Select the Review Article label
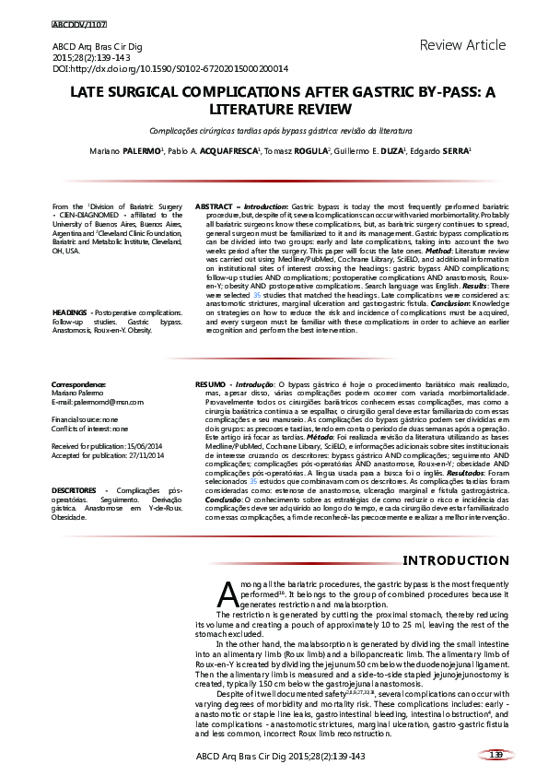click(x=462, y=45)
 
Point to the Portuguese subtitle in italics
click(x=274, y=132)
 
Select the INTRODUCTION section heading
click(x=456, y=560)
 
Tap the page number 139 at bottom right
click(x=496, y=755)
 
